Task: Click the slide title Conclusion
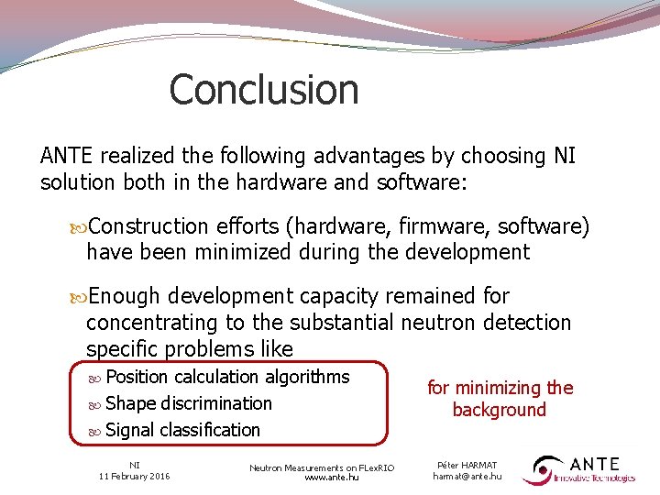pos(264,90)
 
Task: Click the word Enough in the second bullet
pos(125,297)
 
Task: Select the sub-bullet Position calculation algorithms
pos(227,377)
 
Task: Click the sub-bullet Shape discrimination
pos(188,403)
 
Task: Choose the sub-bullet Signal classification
pos(182,430)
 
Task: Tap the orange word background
pos(499,410)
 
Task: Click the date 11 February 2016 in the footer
pos(134,476)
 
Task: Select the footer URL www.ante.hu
pos(322,478)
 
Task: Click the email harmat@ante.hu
pos(467,477)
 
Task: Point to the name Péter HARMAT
pos(467,466)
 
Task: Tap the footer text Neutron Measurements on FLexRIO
pos(322,467)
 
